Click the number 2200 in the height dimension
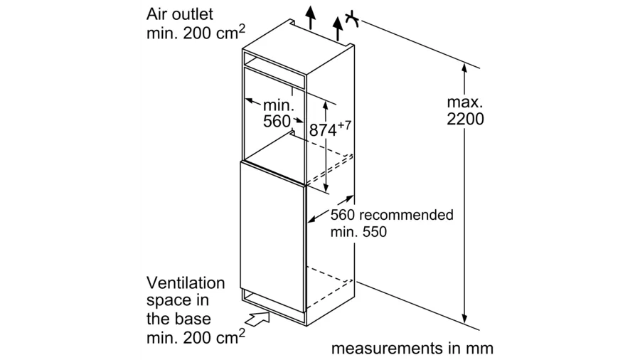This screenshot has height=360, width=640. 465,120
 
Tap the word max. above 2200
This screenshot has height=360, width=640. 465,102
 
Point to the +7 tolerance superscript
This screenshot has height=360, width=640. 344,125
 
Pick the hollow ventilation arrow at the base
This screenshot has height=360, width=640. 261,317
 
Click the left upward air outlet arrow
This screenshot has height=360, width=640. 310,16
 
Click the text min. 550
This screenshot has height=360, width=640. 359,232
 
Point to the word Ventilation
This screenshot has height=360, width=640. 186,282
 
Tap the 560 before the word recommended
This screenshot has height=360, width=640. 343,214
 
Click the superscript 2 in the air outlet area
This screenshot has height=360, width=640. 242,27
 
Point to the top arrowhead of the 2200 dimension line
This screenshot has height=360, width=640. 464,68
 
